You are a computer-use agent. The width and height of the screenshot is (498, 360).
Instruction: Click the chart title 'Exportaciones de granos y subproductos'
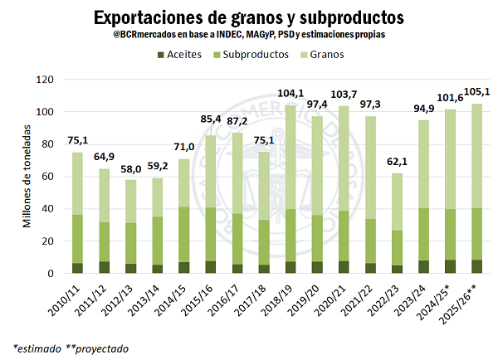[248, 17]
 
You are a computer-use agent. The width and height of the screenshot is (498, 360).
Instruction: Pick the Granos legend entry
[332, 54]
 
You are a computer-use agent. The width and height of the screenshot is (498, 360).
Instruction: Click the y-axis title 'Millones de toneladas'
[27, 176]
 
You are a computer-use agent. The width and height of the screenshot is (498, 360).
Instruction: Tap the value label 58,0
[130, 169]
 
